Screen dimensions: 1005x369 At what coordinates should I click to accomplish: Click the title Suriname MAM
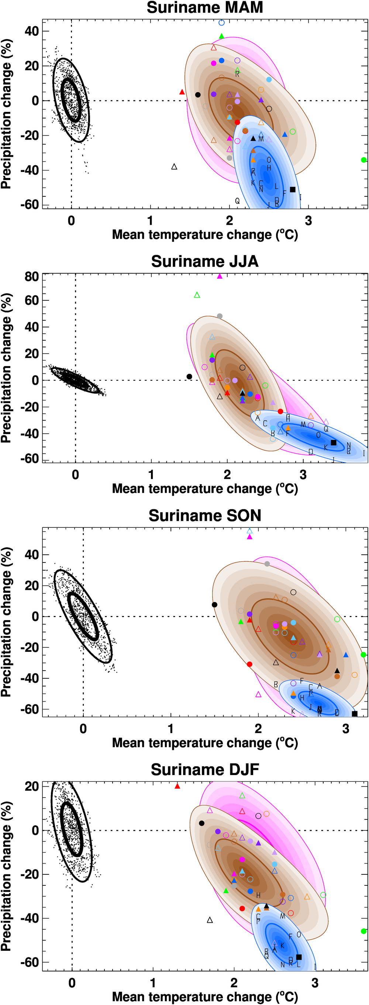point(205,8)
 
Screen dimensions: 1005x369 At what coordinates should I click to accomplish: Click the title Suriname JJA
point(205,261)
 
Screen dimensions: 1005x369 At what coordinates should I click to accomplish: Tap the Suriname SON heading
point(205,516)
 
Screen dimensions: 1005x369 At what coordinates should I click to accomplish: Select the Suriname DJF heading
point(205,770)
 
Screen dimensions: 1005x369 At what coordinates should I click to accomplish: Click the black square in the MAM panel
point(293,190)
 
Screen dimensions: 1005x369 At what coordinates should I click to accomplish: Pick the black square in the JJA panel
point(334,443)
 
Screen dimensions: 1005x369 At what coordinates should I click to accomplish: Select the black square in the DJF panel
point(299,957)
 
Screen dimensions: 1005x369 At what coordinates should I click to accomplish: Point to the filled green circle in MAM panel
point(363,160)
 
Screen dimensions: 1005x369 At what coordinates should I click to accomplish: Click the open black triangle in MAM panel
point(175,167)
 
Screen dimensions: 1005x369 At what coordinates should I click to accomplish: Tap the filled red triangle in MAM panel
point(182,92)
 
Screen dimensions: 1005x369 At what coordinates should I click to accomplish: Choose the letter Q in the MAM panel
point(237,201)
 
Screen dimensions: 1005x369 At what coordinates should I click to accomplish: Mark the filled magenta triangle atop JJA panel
point(220,276)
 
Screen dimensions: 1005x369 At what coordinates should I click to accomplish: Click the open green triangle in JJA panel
point(197,295)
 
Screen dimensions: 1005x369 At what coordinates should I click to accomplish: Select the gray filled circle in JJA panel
point(220,316)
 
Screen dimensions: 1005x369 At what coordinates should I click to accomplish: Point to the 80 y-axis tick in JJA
point(32,276)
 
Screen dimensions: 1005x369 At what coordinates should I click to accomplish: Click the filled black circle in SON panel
point(214,605)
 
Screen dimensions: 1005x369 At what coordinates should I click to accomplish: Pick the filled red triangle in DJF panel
point(177,786)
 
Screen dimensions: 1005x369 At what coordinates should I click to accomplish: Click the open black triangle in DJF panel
point(210,920)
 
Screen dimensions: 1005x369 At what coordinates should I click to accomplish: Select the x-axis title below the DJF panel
point(205,997)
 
